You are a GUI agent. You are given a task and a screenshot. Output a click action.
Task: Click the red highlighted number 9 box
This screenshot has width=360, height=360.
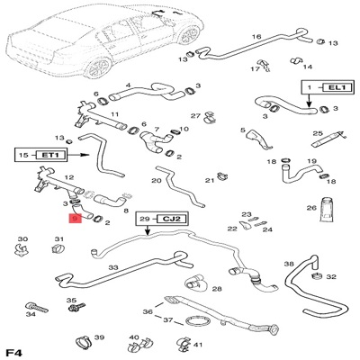[75, 219]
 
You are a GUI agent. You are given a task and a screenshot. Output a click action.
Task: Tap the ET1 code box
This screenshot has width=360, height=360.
[50, 155]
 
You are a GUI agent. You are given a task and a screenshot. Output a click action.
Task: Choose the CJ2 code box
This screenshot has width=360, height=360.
[172, 219]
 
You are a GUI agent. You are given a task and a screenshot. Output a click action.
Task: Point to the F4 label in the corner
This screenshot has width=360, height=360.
[14, 353]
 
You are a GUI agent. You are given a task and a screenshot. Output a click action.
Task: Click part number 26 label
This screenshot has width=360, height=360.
[311, 208]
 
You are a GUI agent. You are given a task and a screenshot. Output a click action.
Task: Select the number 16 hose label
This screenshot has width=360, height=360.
[256, 37]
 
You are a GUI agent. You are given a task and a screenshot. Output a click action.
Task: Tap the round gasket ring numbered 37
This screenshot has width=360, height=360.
[195, 322]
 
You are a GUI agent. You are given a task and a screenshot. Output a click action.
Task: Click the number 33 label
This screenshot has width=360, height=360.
[113, 267]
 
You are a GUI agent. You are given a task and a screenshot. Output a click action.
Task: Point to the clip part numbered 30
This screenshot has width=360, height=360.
[21, 249]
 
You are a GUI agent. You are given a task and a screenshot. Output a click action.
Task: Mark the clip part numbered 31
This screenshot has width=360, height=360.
[58, 248]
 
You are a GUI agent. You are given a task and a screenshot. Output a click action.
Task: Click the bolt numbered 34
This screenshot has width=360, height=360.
[37, 307]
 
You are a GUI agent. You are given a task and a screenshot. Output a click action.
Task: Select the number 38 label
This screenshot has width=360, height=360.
[289, 264]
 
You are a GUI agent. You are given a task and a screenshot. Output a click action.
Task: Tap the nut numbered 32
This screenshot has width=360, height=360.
[317, 276]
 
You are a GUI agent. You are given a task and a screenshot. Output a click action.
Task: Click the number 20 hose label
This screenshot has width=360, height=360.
[157, 181]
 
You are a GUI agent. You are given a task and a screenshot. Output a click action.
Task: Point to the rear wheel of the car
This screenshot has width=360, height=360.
[99, 67]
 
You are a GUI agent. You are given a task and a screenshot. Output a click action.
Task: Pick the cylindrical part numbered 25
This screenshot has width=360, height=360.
[329, 139]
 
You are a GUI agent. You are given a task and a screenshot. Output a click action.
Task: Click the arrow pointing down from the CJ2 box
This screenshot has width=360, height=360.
[148, 229]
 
